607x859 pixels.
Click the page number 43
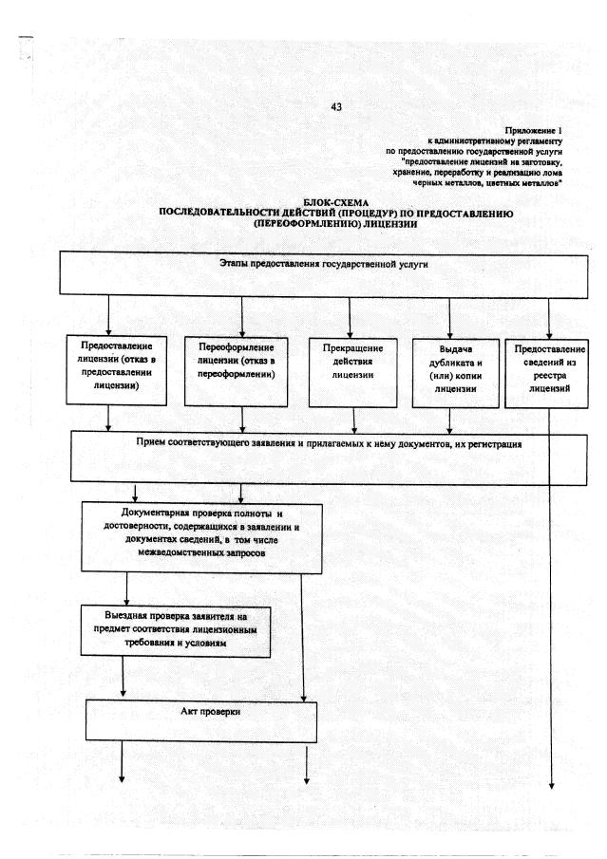pos(335,106)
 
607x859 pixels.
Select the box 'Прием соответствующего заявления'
pos(330,457)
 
